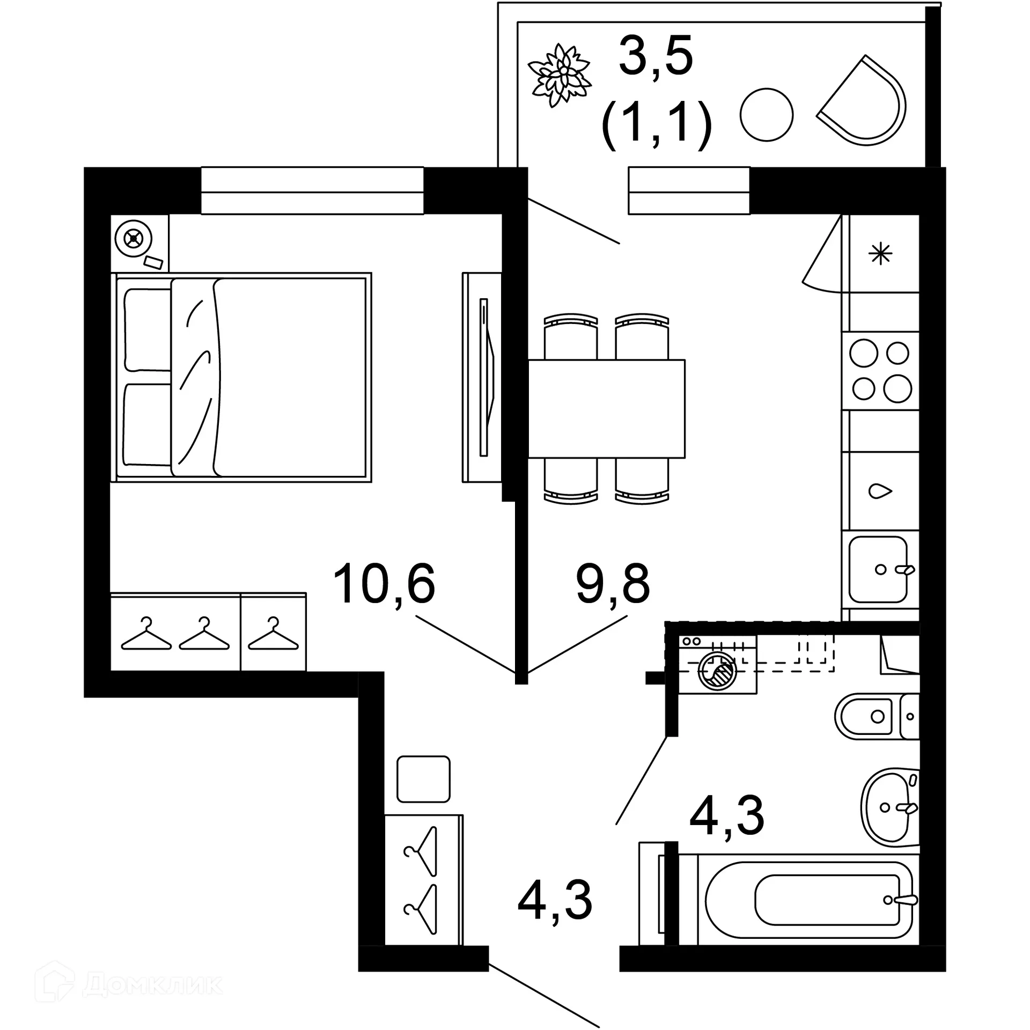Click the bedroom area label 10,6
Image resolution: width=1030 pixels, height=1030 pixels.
click(384, 584)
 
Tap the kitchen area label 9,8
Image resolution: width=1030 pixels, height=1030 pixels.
click(613, 584)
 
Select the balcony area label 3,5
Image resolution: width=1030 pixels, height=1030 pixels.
click(656, 56)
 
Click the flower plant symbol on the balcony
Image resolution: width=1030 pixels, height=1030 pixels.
click(560, 75)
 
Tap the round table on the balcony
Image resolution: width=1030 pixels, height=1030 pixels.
click(766, 115)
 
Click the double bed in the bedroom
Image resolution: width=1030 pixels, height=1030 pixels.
click(241, 377)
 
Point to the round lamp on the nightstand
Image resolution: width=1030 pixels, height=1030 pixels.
click(134, 238)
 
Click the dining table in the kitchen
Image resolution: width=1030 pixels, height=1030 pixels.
click(606, 408)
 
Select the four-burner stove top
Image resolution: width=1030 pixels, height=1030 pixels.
click(880, 371)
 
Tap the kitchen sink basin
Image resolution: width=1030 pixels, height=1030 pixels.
click(878, 569)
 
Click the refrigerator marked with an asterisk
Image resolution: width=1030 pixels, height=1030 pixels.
click(880, 254)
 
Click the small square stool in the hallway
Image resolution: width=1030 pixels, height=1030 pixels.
click(423, 779)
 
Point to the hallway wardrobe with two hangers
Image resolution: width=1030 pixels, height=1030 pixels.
click(423, 880)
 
